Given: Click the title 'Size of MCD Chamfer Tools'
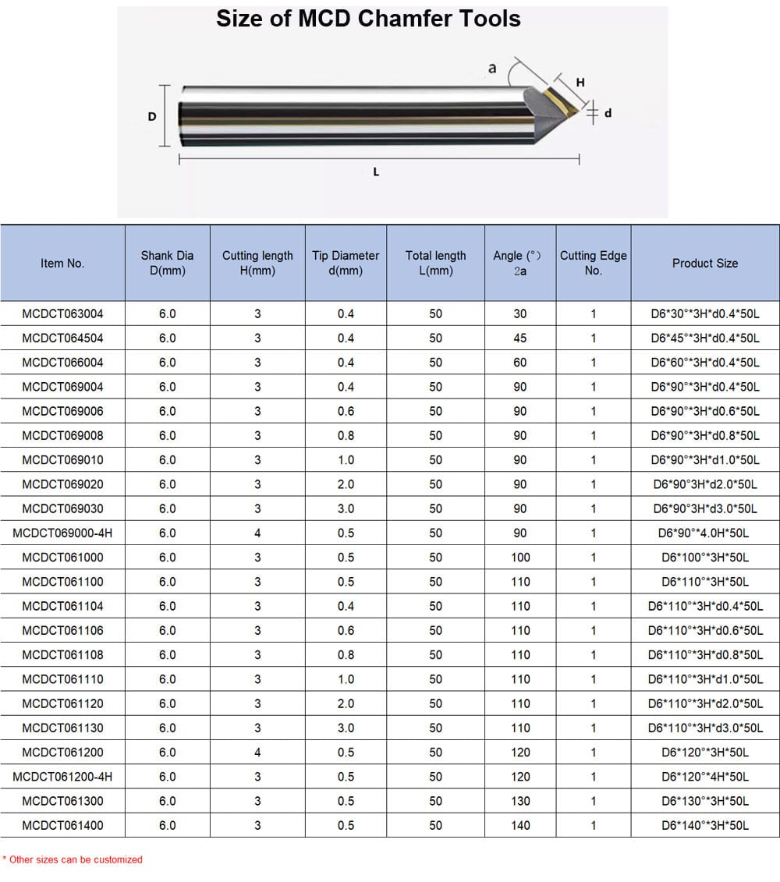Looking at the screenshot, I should tap(368, 19).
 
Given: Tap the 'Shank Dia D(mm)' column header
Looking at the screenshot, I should tap(167, 263).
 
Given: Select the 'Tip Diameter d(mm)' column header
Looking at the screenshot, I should tap(346, 263).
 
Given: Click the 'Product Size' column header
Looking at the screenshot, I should tap(704, 263).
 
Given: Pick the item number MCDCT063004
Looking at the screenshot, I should tap(62, 313).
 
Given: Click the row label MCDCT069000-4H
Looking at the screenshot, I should tap(62, 533).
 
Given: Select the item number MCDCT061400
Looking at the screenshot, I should tap(62, 825).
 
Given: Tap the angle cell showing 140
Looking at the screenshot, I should tap(520, 825).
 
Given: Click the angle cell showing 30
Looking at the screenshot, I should tap(520, 313).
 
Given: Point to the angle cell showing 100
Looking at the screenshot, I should tap(520, 557).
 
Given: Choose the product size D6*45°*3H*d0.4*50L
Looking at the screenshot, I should tap(704, 338).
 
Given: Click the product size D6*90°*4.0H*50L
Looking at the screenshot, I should tap(704, 533).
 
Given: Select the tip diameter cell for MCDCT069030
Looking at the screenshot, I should tap(346, 508).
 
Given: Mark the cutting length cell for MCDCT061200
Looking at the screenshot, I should tap(257, 753).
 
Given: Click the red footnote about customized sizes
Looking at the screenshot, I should tap(73, 859).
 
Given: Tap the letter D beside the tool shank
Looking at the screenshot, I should tap(152, 116).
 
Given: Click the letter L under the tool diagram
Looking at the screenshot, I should tap(376, 172).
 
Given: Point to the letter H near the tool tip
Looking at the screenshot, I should tap(580, 83).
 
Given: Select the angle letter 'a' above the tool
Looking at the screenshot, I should tap(492, 68).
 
